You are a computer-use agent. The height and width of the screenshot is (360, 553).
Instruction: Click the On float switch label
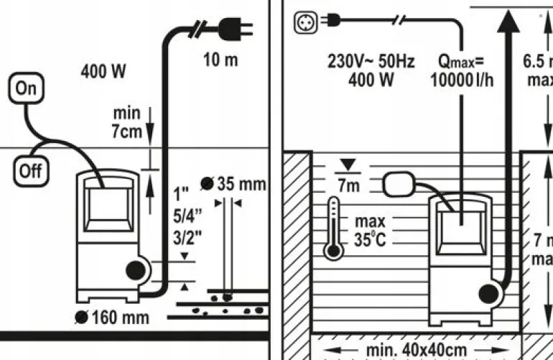pyautogui.click(x=25, y=89)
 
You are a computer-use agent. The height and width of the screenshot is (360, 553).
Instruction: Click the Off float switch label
pyautogui.click(x=29, y=171)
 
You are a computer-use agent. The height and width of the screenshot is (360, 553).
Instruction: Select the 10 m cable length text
pyautogui.click(x=220, y=60)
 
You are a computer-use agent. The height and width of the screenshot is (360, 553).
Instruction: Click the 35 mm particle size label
pyautogui.click(x=241, y=184)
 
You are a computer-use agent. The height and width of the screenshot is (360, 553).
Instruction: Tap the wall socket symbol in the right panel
pyautogui.click(x=305, y=22)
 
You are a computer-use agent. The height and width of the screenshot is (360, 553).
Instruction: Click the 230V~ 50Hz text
pyautogui.click(x=371, y=63)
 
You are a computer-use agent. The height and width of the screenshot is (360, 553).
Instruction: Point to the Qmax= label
pyautogui.click(x=462, y=63)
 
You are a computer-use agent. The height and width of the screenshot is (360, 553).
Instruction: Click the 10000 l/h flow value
pyautogui.click(x=462, y=80)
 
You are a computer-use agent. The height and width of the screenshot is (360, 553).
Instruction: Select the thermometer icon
pyautogui.click(x=333, y=229)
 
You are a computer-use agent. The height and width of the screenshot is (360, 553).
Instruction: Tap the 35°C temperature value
pyautogui.click(x=371, y=240)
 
